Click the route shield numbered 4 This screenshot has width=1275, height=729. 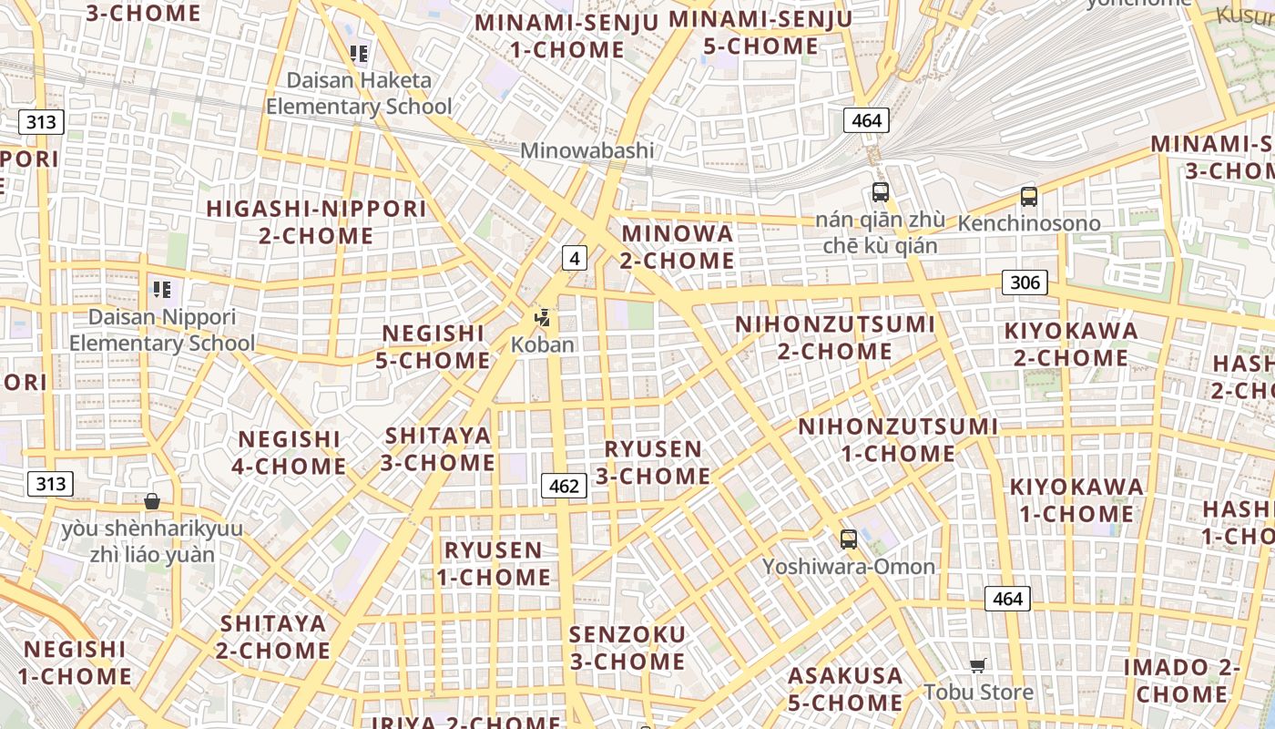pyautogui.click(x=574, y=259)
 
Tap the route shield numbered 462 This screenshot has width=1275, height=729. pyautogui.click(x=564, y=486)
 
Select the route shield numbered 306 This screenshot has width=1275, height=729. pyautogui.click(x=1025, y=282)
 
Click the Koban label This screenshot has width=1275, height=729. pyautogui.click(x=543, y=344)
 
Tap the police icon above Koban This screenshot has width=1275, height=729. pyautogui.click(x=543, y=318)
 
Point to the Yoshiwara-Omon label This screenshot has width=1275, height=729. pyautogui.click(x=849, y=567)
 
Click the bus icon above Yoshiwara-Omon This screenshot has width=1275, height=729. pyautogui.click(x=849, y=539)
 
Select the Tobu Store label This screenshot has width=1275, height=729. pyautogui.click(x=978, y=692)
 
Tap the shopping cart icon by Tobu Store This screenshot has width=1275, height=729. pyautogui.click(x=978, y=666)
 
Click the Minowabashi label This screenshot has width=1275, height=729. pyautogui.click(x=586, y=150)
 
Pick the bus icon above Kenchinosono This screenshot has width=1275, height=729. pyautogui.click(x=1029, y=197)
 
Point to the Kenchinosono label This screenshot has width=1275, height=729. pyautogui.click(x=1029, y=223)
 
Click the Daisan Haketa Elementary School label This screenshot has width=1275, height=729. pyautogui.click(x=359, y=93)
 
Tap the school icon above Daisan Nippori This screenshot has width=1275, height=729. pyautogui.click(x=162, y=291)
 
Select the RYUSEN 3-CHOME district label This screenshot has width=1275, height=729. pyautogui.click(x=653, y=462)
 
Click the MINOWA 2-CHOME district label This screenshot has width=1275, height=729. pyautogui.click(x=678, y=247)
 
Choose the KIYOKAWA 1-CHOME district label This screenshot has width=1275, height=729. pyautogui.click(x=1076, y=500)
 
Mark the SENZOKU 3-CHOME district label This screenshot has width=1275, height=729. pyautogui.click(x=627, y=647)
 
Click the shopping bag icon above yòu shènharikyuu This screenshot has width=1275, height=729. pyautogui.click(x=152, y=501)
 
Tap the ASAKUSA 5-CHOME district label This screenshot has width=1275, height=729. pyautogui.click(x=845, y=689)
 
